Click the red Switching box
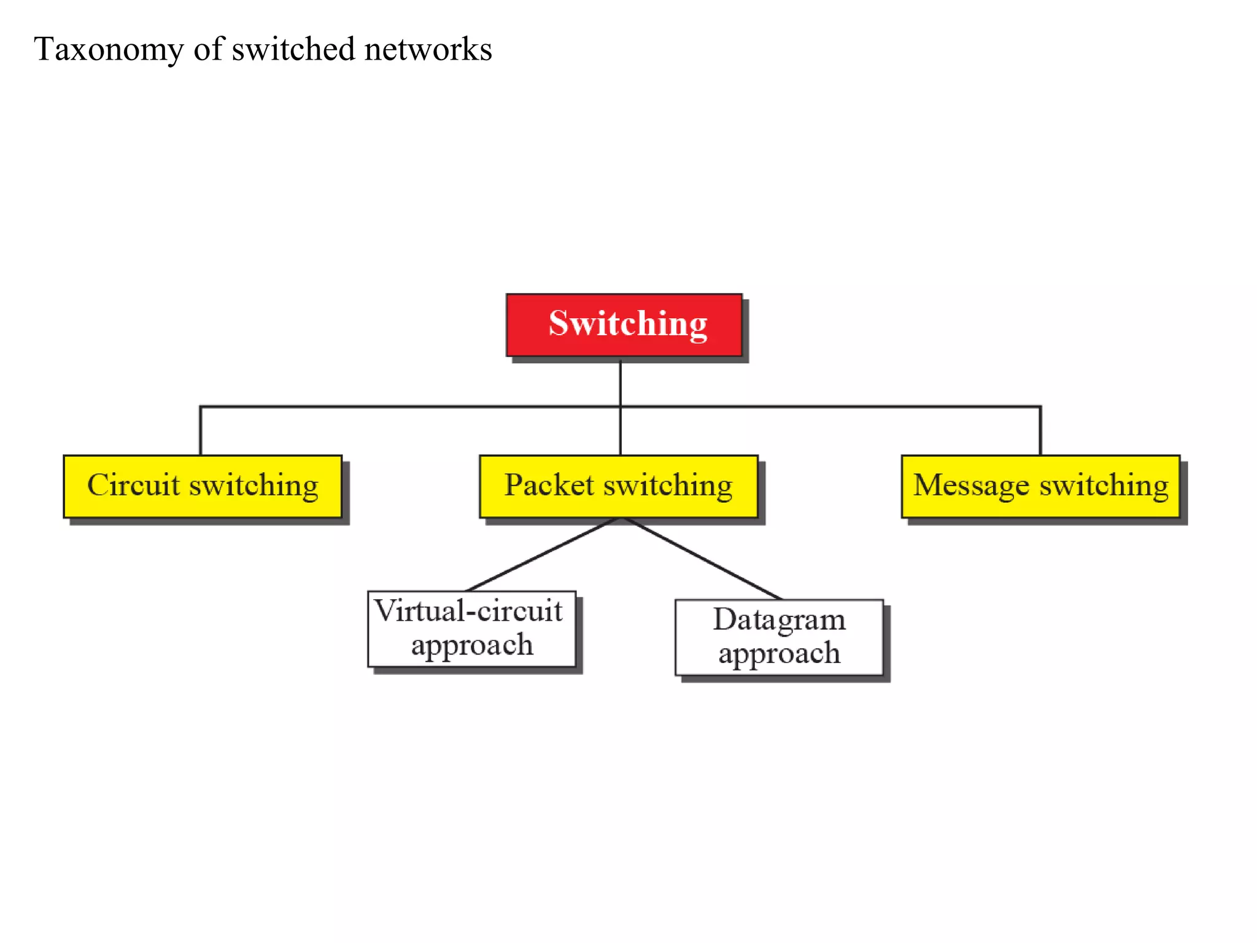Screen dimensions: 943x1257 [x=624, y=325]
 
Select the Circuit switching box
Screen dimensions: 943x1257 [x=203, y=486]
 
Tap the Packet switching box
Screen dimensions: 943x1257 [x=619, y=486]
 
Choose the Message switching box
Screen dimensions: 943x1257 [x=1040, y=486]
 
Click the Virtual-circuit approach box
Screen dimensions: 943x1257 [x=471, y=629]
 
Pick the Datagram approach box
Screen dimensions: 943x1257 [x=779, y=637]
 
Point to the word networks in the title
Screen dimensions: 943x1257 [x=428, y=50]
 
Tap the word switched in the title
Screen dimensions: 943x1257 [x=293, y=50]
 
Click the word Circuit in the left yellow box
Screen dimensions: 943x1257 [x=133, y=485]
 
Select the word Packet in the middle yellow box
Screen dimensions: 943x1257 [x=549, y=485]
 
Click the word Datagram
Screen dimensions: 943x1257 [x=779, y=620]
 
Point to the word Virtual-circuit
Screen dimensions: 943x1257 [x=469, y=611]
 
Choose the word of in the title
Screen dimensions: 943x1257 [x=209, y=50]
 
